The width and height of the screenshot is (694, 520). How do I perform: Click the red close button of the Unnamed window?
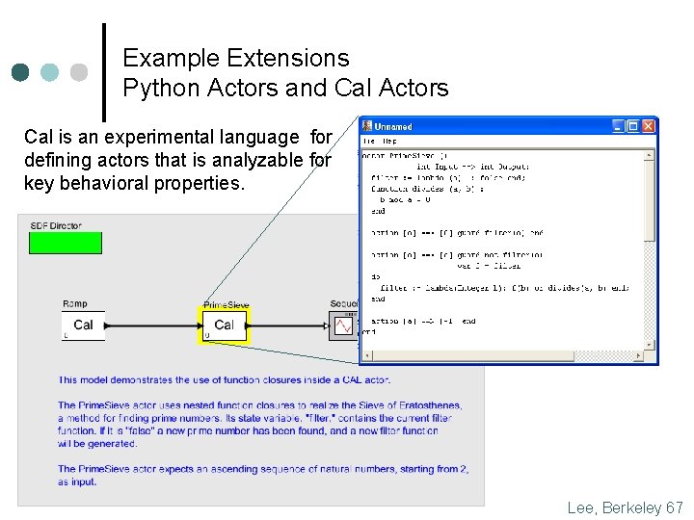coord(649,126)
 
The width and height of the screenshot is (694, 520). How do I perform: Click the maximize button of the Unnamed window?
coord(634,126)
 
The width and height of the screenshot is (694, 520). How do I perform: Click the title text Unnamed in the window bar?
coord(393,127)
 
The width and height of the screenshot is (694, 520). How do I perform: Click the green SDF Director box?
coord(65,243)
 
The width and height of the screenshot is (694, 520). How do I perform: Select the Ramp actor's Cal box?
coord(83,325)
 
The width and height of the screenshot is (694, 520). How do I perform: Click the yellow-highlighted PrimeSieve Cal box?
coord(224,325)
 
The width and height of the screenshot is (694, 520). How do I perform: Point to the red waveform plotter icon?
coord(343,326)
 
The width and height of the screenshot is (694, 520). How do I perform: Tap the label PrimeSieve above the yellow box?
coord(226,305)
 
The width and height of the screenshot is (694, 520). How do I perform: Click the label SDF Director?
coord(56,226)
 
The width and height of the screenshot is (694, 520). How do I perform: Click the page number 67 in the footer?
coord(674,507)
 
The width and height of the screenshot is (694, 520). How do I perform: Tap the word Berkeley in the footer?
coord(628,507)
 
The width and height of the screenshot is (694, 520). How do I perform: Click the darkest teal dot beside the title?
coord(21,72)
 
